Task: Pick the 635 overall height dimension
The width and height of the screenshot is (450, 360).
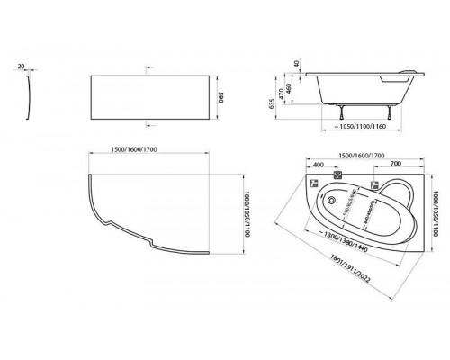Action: [274, 102]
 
